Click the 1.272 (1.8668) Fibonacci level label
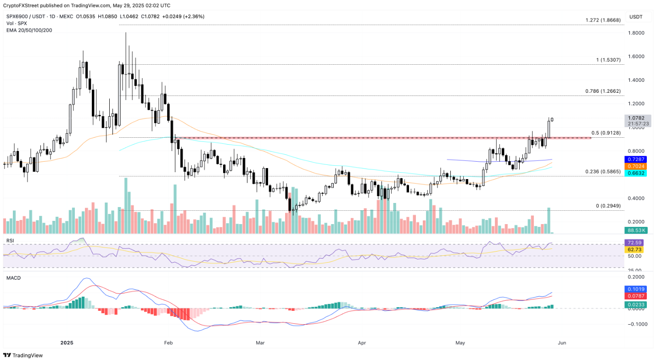point(603,21)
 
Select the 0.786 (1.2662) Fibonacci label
point(603,91)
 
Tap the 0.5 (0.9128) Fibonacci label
point(606,133)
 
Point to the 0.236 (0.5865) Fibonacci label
point(603,172)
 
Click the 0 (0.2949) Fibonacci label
point(608,206)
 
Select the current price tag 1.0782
point(638,118)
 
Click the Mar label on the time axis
point(260,343)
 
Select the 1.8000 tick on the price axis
point(637,33)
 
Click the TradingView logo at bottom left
point(23,355)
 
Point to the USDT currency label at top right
point(636,17)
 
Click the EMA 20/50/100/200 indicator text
point(30,30)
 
